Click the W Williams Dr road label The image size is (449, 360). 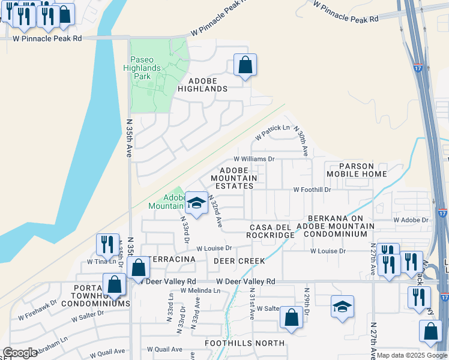pos(254,159)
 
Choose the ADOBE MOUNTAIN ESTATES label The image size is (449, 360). pos(234,178)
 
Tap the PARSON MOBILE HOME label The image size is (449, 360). pos(357,170)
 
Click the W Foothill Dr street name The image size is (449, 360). pos(312,190)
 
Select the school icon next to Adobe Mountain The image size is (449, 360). pos(196,203)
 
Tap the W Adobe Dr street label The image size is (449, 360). pos(411,220)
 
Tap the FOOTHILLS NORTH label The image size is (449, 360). pos(245,343)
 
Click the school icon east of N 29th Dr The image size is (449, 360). pos(342,307)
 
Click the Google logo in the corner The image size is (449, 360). pos(20,353)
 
